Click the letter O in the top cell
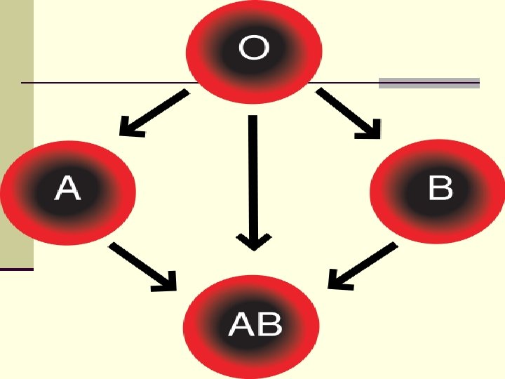253,48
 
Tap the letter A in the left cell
67,189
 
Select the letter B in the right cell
440,189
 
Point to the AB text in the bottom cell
255,324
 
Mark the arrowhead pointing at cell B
372,128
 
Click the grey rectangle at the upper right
429,83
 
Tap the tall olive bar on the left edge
16,133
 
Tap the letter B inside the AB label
269,324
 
